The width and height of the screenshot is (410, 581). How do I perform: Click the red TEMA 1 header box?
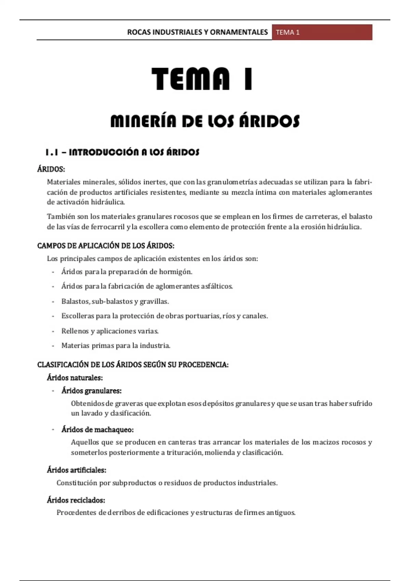[322, 32]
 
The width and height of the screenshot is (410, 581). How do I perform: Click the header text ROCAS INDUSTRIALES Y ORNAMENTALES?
[197, 32]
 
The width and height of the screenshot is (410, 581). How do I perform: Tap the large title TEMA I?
[202, 79]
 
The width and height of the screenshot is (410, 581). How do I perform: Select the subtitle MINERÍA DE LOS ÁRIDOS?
[205, 121]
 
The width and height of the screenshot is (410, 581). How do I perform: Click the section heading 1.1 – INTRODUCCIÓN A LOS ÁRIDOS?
[122, 152]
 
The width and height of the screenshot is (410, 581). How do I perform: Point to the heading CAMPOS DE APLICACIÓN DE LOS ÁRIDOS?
[106, 246]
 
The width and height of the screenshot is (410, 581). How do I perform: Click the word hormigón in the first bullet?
[175, 272]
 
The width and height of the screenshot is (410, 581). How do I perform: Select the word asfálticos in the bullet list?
[217, 286]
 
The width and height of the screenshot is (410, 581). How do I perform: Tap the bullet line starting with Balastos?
[115, 301]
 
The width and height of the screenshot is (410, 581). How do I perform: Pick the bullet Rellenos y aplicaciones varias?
[110, 331]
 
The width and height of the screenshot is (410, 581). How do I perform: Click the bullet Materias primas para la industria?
[116, 346]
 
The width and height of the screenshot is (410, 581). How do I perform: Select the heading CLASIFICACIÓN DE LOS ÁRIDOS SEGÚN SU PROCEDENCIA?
[133, 365]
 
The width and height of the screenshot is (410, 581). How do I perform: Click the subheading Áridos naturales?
[75, 378]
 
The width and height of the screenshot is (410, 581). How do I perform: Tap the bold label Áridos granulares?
[92, 391]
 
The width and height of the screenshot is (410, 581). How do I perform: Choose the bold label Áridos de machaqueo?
[97, 430]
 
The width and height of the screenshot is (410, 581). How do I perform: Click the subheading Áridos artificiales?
[77, 470]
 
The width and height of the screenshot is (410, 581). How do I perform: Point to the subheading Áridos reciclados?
[76, 500]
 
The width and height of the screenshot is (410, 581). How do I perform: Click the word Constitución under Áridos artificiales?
[77, 483]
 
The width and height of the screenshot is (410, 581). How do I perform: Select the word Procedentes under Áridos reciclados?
[77, 513]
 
